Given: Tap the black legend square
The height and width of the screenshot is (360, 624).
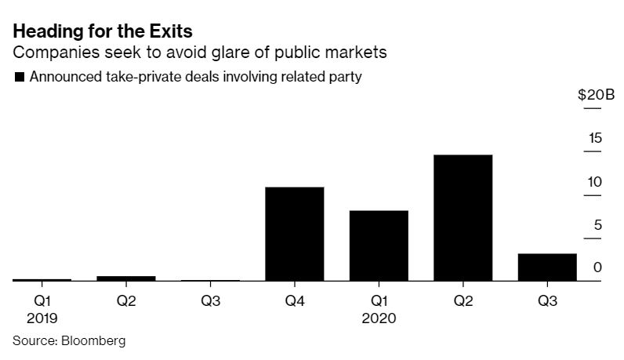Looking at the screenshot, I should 18,77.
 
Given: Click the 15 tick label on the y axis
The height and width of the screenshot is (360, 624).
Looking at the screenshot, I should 595,138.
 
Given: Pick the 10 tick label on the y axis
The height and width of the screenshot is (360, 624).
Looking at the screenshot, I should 595,182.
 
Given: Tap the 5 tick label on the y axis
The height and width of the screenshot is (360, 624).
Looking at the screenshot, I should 598,226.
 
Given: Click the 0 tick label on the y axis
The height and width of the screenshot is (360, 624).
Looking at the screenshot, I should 598,268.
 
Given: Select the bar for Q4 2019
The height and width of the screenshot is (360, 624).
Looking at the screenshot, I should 295,234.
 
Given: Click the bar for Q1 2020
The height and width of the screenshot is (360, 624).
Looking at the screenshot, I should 379,245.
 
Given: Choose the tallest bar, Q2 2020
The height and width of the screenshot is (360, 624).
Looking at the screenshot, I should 463,217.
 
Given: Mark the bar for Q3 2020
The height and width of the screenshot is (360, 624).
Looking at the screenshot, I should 547,267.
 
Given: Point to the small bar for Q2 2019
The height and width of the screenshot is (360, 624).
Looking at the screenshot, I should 126,278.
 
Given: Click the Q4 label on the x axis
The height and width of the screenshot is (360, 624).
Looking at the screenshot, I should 295,301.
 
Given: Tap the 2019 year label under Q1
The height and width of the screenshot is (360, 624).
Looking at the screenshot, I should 42,319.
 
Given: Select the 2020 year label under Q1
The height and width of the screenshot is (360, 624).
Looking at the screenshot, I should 379,319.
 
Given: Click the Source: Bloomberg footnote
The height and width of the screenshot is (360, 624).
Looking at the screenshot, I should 69,341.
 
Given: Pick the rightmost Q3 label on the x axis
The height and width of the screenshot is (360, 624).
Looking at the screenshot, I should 547,301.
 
